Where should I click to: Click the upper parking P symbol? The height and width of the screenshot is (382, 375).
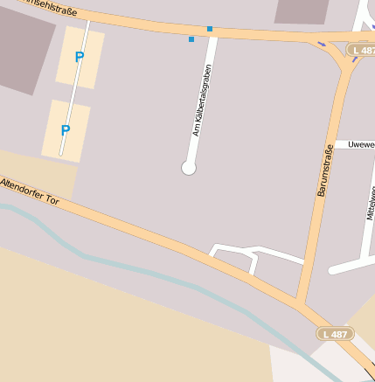coord(80,58)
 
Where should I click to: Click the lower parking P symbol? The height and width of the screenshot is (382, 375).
coord(65,131)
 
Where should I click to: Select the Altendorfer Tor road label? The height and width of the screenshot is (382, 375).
coord(30,192)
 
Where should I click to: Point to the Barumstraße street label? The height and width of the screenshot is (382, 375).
coord(324,171)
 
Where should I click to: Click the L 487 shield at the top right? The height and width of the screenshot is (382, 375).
coord(360,51)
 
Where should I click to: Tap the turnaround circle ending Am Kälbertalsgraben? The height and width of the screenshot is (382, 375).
coord(189,167)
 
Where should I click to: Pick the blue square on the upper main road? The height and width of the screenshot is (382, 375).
coord(210,30)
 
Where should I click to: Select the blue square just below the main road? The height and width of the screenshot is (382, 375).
coord(191,39)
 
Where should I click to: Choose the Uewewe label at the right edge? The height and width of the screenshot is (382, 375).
coord(359,144)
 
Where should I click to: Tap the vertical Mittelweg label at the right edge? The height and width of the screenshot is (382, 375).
coord(370,202)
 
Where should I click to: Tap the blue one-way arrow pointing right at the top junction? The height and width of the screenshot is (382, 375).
coord(323,44)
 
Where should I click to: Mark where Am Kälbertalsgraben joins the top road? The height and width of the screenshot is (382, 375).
coord(212,33)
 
